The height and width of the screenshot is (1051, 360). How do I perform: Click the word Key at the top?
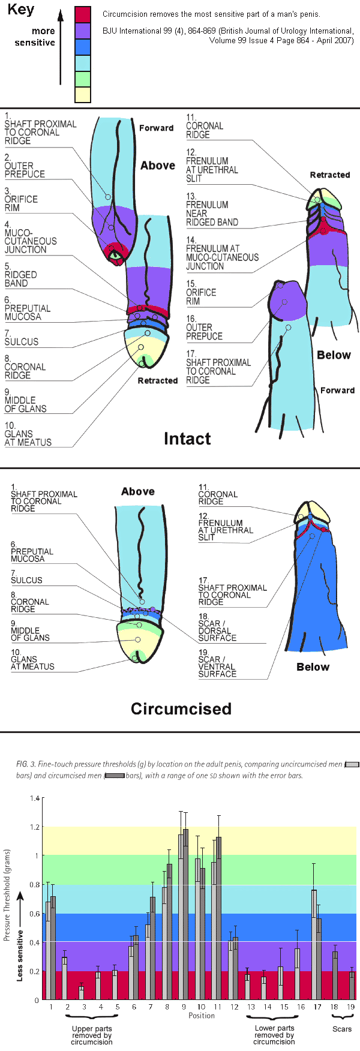click(x=20, y=10)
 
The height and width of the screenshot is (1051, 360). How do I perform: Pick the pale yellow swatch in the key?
click(x=83, y=95)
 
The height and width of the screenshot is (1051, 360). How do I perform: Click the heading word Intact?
click(x=187, y=439)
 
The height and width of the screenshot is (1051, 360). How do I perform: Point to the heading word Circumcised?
click(x=181, y=709)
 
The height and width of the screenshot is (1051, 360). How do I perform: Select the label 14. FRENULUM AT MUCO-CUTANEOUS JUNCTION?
click(x=221, y=253)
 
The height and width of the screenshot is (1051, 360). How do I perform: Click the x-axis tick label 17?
click(x=317, y=1007)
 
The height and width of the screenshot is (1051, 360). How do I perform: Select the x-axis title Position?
click(x=202, y=1016)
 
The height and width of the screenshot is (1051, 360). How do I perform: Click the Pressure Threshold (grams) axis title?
click(x=7, y=894)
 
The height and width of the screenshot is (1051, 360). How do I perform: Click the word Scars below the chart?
click(x=342, y=1029)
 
